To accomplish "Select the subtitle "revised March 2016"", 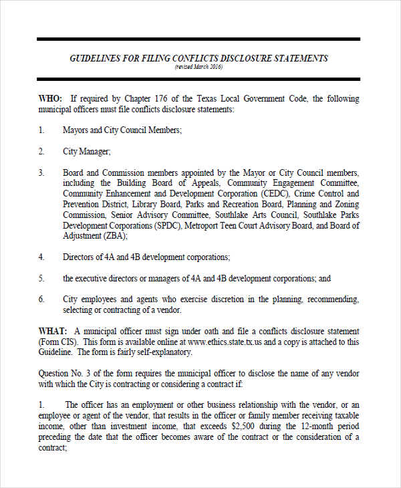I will tap(198, 68).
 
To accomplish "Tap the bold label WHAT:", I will tap(52, 332).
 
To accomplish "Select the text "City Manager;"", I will tap(87, 151).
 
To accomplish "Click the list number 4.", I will tap(41, 257).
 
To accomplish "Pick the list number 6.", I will tap(41, 299).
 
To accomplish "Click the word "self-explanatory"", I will tap(164, 352).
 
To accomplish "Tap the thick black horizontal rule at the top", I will tap(198, 39).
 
